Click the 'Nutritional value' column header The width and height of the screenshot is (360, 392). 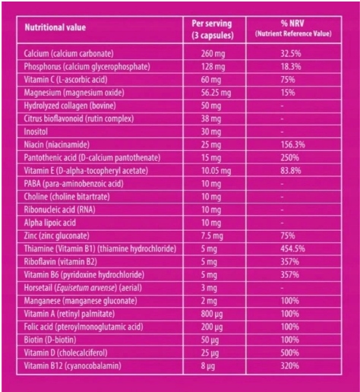(55, 27)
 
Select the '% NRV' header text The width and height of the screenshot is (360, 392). (292, 24)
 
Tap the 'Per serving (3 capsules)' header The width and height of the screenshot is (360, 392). (212, 30)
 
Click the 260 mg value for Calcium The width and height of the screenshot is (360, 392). (213, 54)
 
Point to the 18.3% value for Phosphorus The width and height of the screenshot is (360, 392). (291, 67)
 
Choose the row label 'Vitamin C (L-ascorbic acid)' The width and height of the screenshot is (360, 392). (65, 80)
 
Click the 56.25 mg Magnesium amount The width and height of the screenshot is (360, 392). (216, 93)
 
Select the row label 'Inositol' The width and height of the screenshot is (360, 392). (36, 131)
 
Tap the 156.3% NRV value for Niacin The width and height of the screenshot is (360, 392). (292, 145)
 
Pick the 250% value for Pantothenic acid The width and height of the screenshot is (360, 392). (289, 158)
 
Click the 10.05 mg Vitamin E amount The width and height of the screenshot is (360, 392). (216, 171)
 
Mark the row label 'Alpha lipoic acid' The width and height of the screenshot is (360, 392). (49, 223)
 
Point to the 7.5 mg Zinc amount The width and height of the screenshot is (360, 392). (212, 236)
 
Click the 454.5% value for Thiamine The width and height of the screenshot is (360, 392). (292, 249)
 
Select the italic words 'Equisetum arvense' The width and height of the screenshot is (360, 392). (86, 288)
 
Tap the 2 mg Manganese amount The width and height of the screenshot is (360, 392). (209, 301)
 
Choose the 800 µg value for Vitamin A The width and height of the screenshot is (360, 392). (212, 314)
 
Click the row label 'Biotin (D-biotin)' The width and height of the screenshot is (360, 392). (50, 340)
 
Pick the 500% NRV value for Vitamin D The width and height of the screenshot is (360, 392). (289, 352)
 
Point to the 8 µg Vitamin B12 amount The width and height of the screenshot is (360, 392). (208, 366)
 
